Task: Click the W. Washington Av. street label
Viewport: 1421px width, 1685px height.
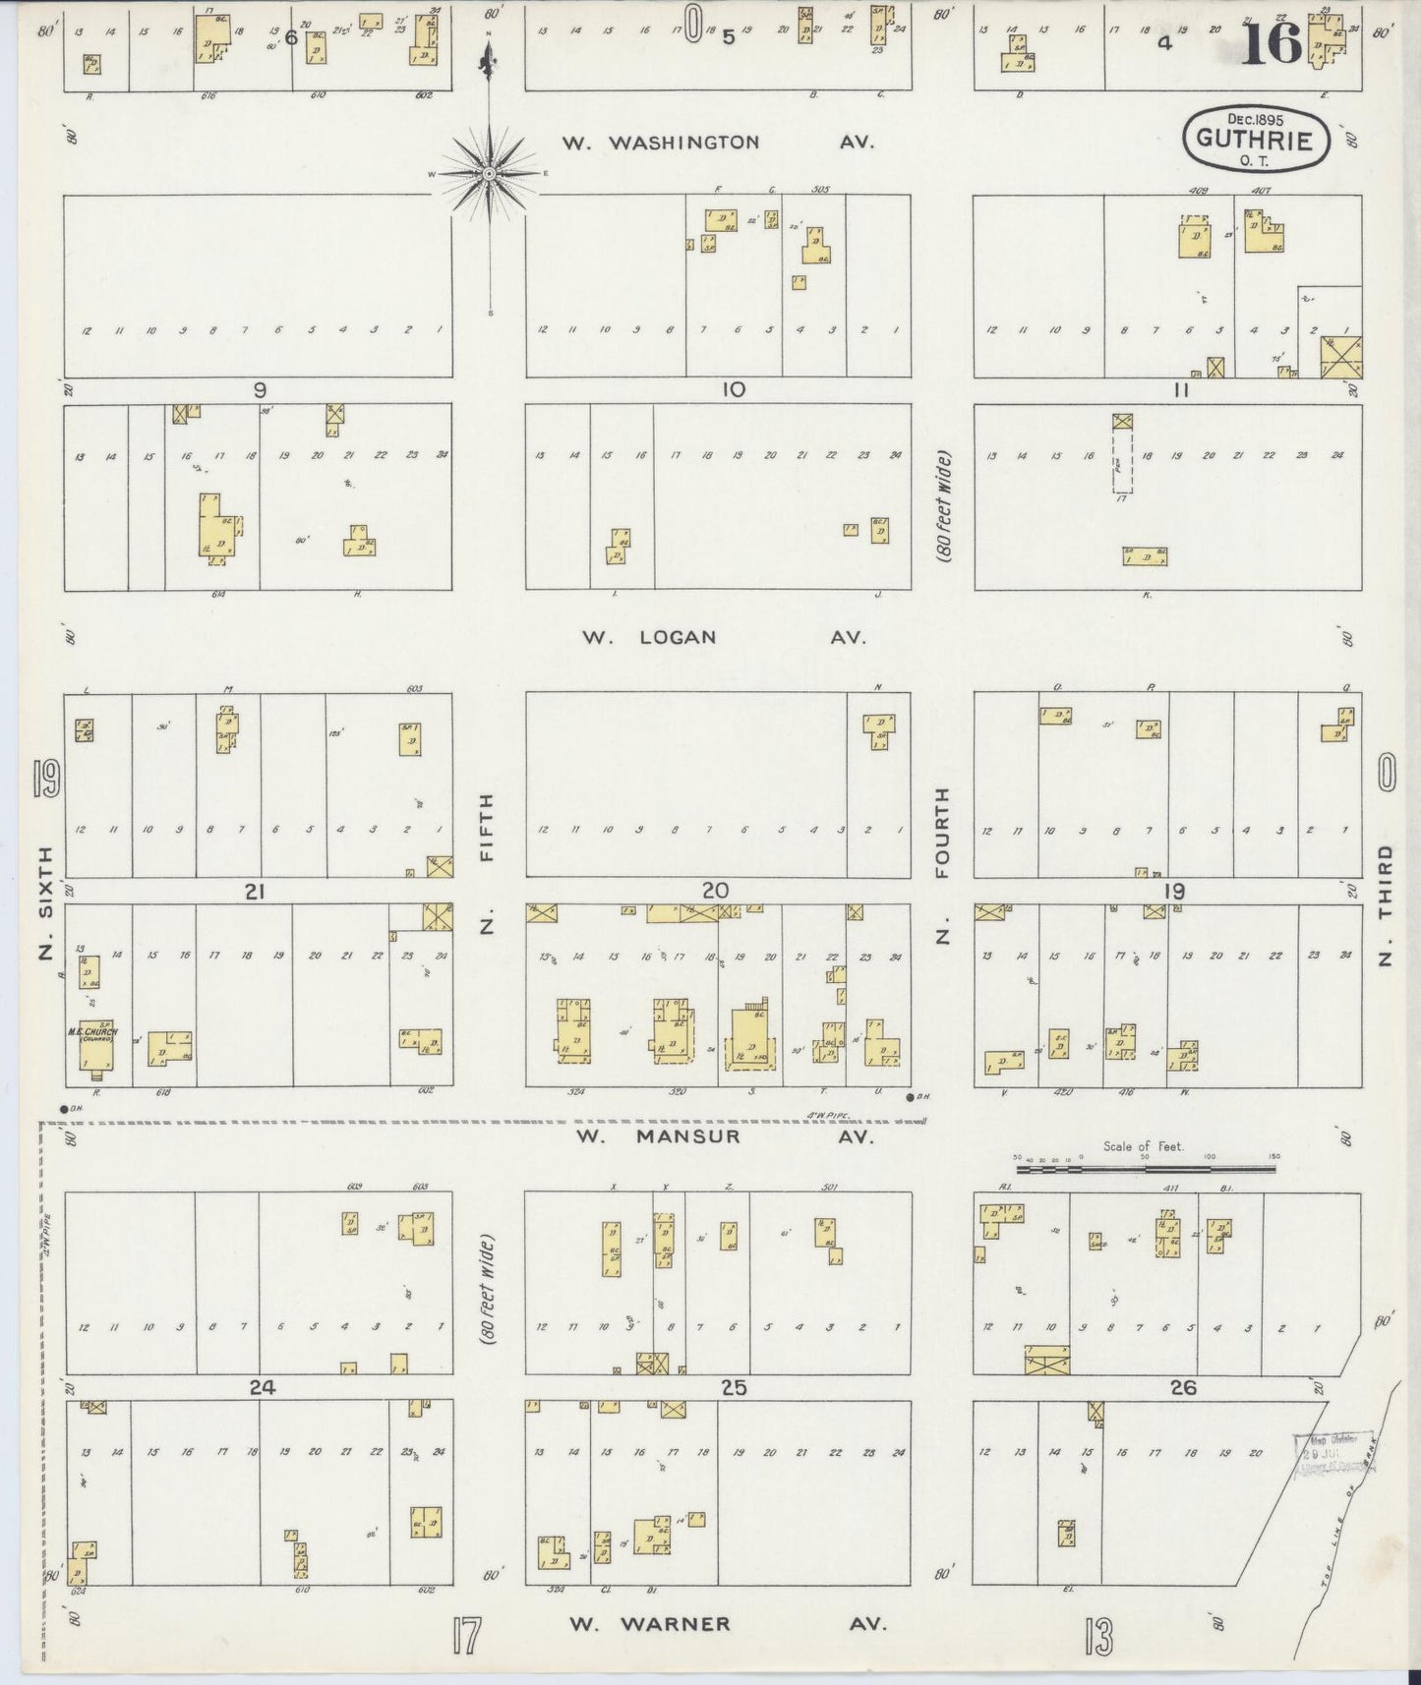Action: pos(718,143)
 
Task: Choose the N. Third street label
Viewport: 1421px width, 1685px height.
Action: pos(1386,904)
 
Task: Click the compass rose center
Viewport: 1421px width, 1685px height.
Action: pos(489,174)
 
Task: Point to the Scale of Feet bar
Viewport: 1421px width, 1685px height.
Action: pos(1147,1169)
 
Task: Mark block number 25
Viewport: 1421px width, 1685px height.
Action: pos(733,1388)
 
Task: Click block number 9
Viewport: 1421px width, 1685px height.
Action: pos(259,390)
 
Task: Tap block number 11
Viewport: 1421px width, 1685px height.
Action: pos(1181,390)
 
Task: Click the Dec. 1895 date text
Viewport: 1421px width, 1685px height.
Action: pos(1255,118)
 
